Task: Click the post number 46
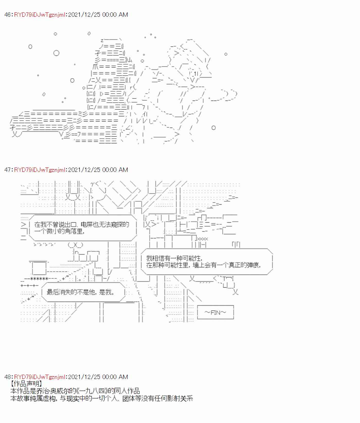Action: (7, 15)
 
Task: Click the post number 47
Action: (7, 170)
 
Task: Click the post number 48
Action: (7, 377)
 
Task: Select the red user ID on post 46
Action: (40, 15)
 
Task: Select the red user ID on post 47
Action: (40, 170)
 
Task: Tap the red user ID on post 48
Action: (40, 377)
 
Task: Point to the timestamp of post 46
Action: (98, 15)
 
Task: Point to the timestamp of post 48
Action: (98, 377)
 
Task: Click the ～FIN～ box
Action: (215, 312)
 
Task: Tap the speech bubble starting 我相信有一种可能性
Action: (207, 262)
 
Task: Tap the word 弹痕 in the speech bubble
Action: (252, 265)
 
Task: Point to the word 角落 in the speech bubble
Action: (71, 231)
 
